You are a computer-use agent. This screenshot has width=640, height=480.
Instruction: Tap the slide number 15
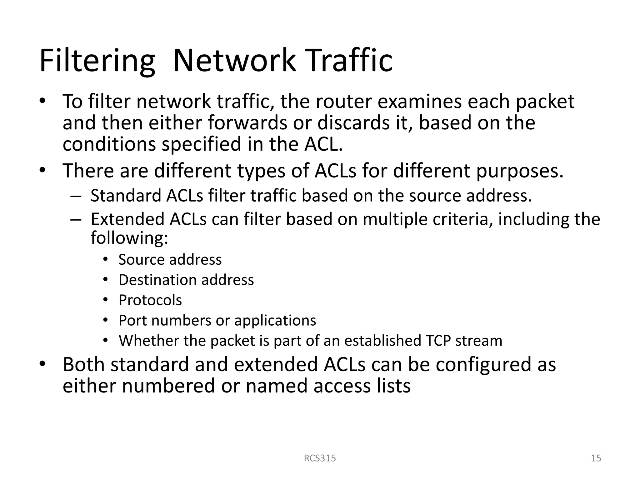click(x=596, y=458)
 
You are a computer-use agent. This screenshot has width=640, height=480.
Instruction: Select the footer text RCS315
click(x=320, y=458)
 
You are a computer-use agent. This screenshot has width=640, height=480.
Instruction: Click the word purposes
click(x=520, y=171)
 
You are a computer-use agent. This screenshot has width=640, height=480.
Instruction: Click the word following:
click(x=129, y=238)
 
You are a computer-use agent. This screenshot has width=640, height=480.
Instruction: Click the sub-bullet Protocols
click(x=150, y=300)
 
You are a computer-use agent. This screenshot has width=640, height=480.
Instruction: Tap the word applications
click(x=275, y=321)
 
